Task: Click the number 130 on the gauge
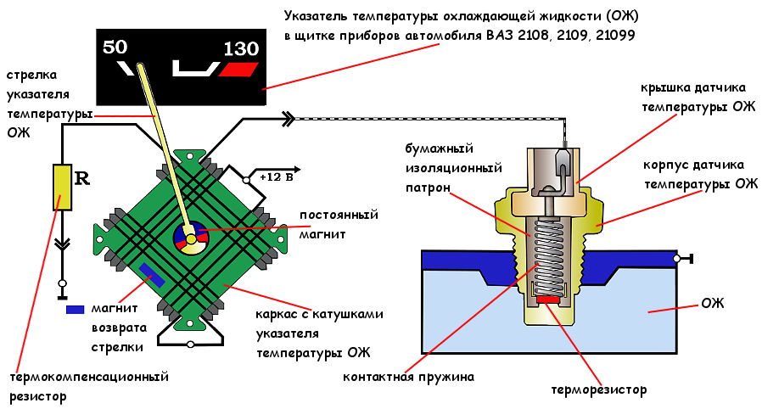(x=240, y=49)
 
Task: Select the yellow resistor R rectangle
(x=62, y=188)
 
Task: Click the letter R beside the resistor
(x=82, y=178)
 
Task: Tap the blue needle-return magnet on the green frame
(x=154, y=274)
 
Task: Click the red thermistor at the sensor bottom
(x=547, y=299)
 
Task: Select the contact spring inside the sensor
(x=547, y=250)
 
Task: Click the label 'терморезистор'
(x=599, y=390)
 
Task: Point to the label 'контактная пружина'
(x=408, y=376)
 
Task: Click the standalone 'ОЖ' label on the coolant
(x=713, y=303)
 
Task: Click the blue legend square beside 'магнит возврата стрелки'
(x=76, y=310)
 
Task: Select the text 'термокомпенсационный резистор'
(x=88, y=385)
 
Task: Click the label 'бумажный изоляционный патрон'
(x=440, y=166)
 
